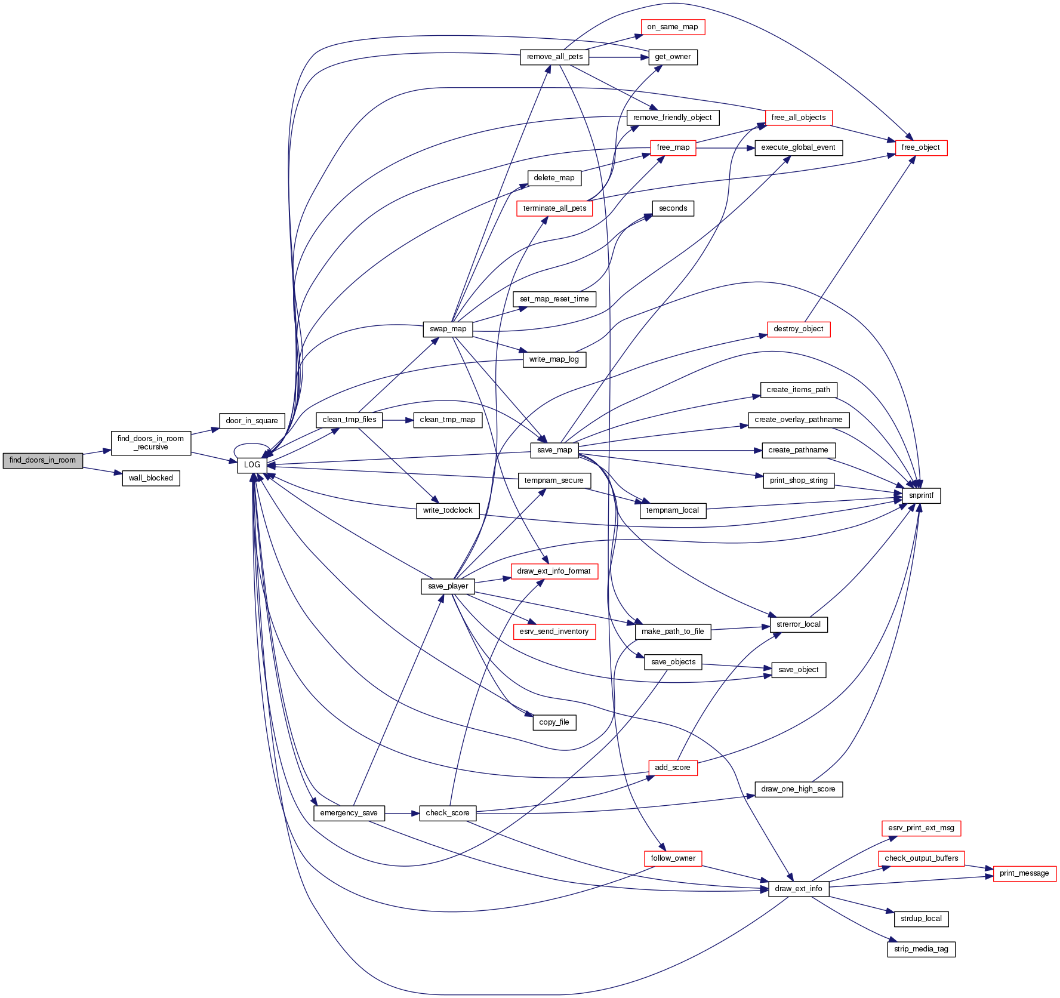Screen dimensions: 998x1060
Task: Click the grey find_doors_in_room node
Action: [42, 460]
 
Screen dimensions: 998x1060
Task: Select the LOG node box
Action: [252, 465]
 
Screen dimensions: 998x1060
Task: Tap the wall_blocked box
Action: [150, 478]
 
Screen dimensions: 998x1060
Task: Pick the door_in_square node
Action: [252, 421]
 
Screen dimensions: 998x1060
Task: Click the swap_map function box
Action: [448, 329]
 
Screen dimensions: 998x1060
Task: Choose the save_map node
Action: [554, 450]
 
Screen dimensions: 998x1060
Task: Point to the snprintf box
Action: [921, 495]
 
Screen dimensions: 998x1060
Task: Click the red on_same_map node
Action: [672, 27]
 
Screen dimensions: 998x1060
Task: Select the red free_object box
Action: [920, 147]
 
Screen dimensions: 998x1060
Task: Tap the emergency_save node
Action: [349, 813]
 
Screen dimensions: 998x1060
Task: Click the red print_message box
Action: [1024, 873]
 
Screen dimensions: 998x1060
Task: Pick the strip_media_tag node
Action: [921, 949]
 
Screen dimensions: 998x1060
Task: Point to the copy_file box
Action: [554, 722]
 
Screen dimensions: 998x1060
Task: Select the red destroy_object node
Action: [798, 329]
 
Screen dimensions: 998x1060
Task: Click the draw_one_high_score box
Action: [798, 789]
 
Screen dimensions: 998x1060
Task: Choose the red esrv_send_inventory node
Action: [554, 632]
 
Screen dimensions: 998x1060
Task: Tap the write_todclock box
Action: [448, 510]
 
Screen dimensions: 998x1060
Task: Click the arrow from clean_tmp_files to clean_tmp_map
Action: [397, 420]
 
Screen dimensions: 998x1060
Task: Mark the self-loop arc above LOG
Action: [252, 445]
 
